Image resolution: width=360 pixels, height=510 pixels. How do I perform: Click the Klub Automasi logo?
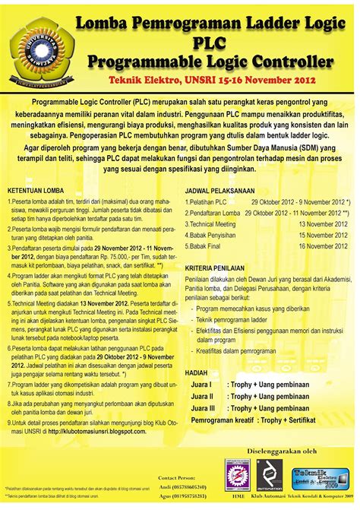[269, 474]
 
